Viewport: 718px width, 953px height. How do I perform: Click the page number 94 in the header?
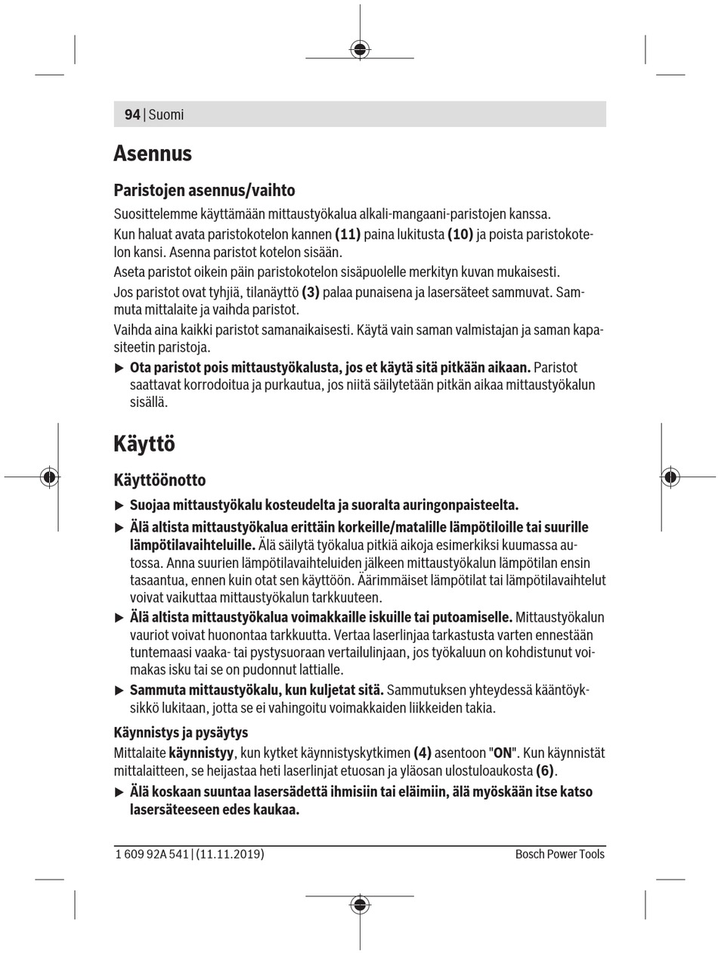click(132, 115)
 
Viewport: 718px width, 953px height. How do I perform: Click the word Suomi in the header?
click(166, 115)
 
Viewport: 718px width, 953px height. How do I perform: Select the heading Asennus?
click(153, 154)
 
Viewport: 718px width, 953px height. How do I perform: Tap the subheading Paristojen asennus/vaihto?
click(204, 190)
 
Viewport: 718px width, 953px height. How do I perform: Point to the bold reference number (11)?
click(348, 234)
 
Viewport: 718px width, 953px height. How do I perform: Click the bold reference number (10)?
click(460, 234)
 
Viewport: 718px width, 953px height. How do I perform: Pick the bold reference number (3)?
click(311, 292)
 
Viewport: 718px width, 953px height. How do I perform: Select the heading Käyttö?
click(144, 443)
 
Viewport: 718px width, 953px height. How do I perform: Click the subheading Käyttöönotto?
click(159, 480)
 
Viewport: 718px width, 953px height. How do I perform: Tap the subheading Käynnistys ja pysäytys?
click(181, 732)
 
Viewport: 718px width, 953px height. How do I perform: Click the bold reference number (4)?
click(422, 753)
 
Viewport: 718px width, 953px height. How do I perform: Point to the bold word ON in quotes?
click(503, 753)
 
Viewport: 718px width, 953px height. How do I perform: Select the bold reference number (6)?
click(545, 771)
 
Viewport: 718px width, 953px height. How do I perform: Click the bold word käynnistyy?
click(201, 753)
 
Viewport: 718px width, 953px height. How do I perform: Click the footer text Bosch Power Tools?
click(560, 854)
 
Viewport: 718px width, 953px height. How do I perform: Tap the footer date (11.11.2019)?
click(230, 854)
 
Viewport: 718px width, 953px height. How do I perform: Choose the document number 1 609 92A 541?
click(151, 854)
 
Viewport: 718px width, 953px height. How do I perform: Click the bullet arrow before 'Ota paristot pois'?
click(119, 368)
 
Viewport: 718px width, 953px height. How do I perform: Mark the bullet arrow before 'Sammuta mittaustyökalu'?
click(119, 691)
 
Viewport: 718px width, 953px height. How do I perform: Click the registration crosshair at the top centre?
click(360, 49)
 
